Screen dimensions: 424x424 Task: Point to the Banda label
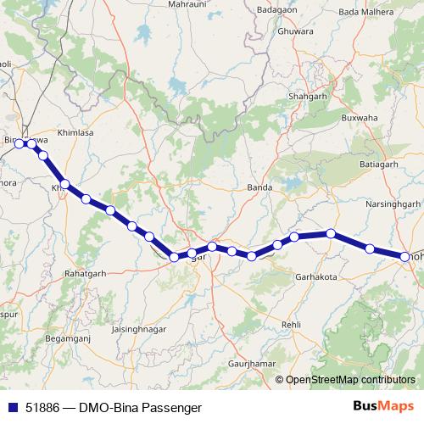pyautogui.click(x=258, y=187)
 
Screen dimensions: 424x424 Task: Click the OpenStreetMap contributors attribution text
pyautogui.click(x=350, y=379)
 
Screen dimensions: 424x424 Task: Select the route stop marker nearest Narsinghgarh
pyautogui.click(x=370, y=248)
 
